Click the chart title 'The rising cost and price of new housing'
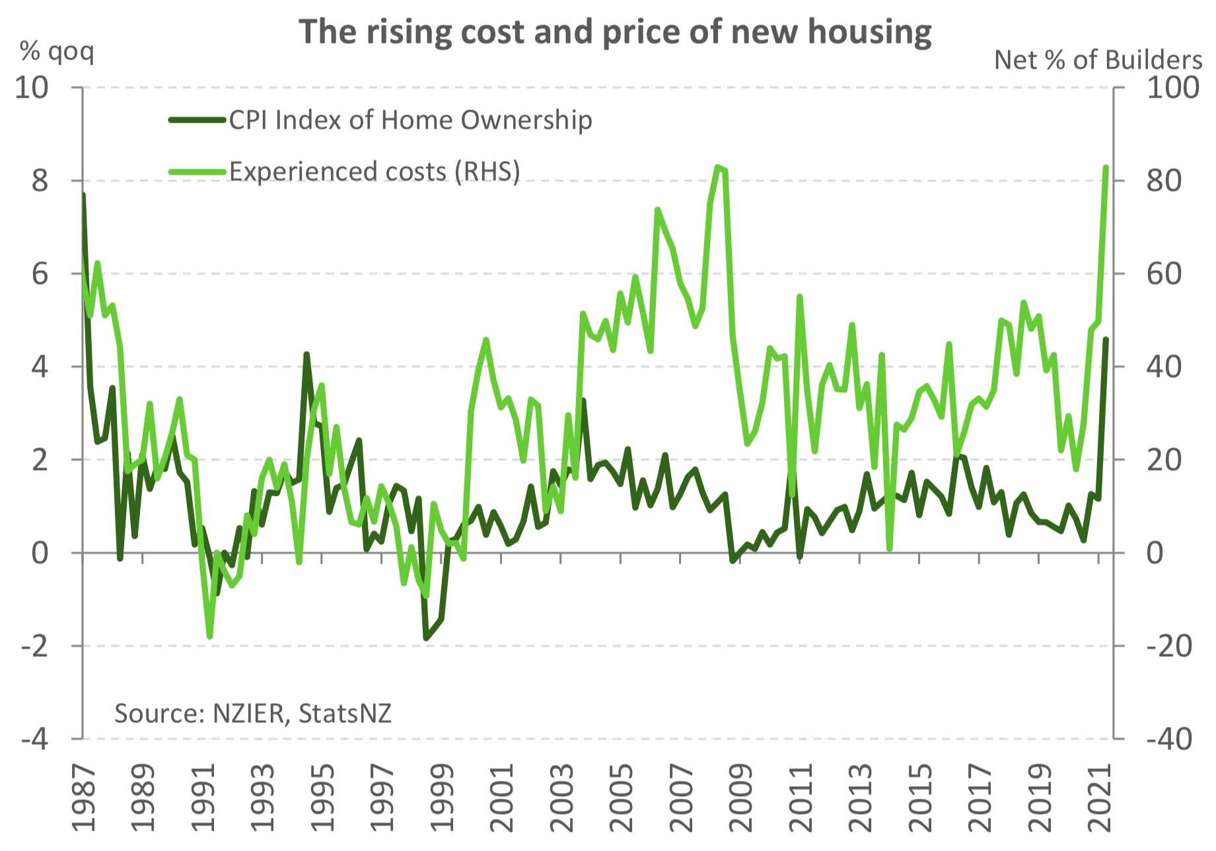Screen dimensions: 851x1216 [615, 32]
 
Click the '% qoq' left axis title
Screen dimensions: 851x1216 [57, 51]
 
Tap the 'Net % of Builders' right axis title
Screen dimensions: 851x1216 [1098, 60]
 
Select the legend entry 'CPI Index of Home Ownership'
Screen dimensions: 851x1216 [410, 120]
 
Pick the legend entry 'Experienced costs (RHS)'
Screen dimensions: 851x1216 [375, 171]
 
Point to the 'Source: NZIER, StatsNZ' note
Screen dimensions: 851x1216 [253, 713]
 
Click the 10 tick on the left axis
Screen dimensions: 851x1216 [32, 88]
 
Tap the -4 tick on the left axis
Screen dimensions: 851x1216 [35, 739]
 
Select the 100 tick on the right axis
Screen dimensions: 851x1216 [1172, 88]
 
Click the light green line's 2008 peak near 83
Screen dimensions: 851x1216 [718, 166]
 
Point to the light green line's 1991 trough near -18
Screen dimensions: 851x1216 [210, 636]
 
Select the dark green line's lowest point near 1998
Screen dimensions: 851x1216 [427, 638]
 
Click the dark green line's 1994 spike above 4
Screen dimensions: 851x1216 [306, 355]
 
